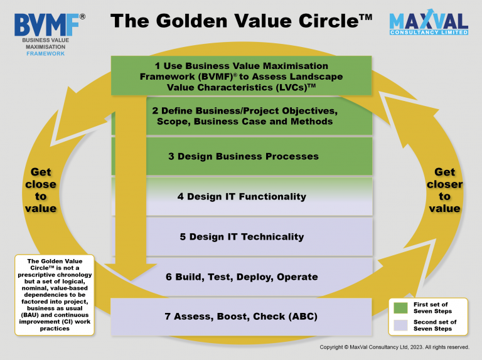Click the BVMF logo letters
(46, 25)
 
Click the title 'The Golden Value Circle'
(241, 21)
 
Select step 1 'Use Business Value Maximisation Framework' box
(241, 75)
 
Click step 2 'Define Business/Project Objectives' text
(245, 116)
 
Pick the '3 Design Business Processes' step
(244, 156)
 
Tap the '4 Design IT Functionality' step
(242, 196)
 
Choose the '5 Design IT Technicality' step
(242, 237)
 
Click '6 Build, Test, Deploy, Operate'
(242, 277)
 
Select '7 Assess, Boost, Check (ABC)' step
(241, 317)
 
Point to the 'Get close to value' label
(41, 190)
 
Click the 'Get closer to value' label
(444, 190)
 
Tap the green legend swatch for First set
(400, 308)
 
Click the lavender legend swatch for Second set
(400, 326)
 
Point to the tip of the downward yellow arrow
(131, 280)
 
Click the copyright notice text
(394, 347)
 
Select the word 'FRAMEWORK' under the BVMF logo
(45, 54)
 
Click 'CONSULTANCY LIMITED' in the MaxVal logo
(429, 32)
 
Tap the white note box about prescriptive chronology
(55, 295)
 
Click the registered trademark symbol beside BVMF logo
(82, 16)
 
